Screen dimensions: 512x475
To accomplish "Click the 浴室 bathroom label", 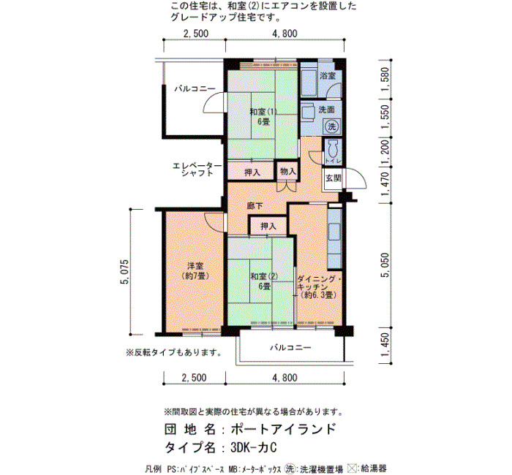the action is point(328,76).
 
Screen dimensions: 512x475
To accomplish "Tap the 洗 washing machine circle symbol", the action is point(332,126).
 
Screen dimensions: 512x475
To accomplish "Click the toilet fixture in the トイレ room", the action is point(332,149).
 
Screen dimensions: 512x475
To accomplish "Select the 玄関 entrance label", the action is point(333,178).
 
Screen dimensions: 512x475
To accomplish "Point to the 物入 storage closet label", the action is point(288,171).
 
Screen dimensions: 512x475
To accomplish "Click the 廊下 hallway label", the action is point(255,206).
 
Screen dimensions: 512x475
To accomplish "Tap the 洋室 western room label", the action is point(195,266).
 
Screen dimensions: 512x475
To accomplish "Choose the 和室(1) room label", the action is point(263,112).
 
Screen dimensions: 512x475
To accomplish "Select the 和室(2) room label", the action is point(264,276).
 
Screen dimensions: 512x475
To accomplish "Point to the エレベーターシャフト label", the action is point(197,170).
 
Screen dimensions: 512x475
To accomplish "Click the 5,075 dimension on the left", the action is point(125,272).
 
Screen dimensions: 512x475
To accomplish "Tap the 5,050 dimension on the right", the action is point(385,265).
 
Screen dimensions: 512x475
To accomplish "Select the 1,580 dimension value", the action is point(385,79).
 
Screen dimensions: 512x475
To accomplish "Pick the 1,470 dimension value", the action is point(385,185).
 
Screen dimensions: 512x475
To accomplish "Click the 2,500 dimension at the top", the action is point(195,34).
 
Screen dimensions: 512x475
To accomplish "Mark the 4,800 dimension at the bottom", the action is point(285,378).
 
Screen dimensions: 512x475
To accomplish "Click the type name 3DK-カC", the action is point(253,447).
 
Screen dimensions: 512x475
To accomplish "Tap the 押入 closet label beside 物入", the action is point(252,172).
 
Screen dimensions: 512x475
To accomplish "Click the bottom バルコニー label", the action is point(290,347).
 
